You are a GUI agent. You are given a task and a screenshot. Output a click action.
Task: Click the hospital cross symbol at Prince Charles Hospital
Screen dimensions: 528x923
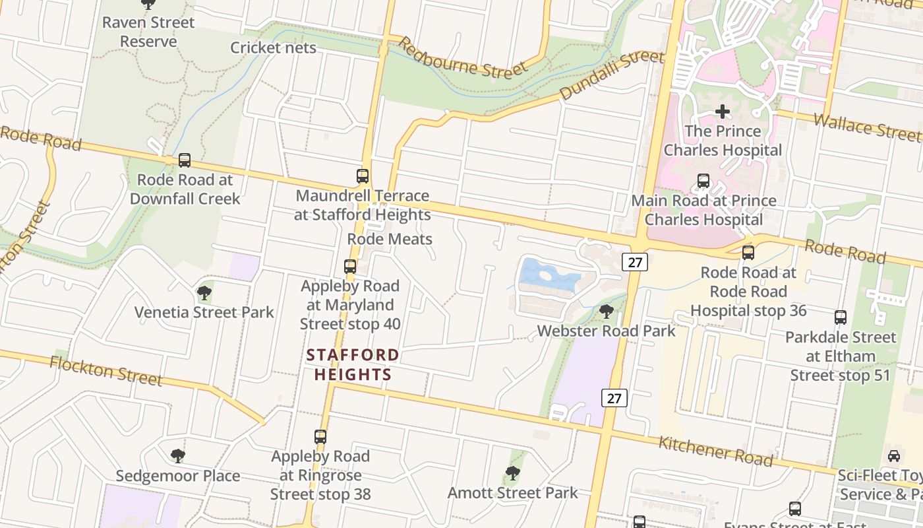pos(723,112)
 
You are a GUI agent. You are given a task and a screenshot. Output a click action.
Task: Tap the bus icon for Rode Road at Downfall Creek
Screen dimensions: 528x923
pos(185,160)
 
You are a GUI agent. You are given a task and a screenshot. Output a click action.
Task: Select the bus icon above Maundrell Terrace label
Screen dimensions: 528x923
pos(363,176)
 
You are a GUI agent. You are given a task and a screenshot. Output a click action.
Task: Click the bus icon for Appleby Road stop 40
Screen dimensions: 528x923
pos(350,267)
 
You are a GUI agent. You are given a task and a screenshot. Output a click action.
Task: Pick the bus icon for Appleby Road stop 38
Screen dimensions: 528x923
pos(320,437)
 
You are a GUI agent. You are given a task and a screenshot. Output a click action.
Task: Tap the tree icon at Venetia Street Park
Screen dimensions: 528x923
pos(204,292)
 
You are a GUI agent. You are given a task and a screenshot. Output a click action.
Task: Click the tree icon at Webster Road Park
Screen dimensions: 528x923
pos(607,311)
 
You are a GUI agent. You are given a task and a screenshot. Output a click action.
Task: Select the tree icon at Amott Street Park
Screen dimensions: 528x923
pos(513,473)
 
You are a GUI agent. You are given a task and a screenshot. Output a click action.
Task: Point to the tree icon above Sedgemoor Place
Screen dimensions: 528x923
pos(177,456)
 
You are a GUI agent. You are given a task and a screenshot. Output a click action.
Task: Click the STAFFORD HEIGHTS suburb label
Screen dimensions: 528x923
pos(353,365)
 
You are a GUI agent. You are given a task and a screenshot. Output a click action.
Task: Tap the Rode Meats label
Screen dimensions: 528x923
pos(390,239)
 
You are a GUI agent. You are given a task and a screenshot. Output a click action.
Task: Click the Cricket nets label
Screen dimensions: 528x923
pos(273,48)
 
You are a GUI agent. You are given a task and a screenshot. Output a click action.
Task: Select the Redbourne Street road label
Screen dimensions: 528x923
pos(463,58)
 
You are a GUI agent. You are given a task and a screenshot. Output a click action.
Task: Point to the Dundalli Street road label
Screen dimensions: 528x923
pos(612,75)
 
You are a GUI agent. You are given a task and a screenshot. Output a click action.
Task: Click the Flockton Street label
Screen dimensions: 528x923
pos(105,370)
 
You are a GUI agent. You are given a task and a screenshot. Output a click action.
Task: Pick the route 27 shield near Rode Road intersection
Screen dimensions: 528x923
pos(635,262)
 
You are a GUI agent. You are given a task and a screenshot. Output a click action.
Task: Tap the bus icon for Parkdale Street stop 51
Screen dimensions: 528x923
pos(841,317)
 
